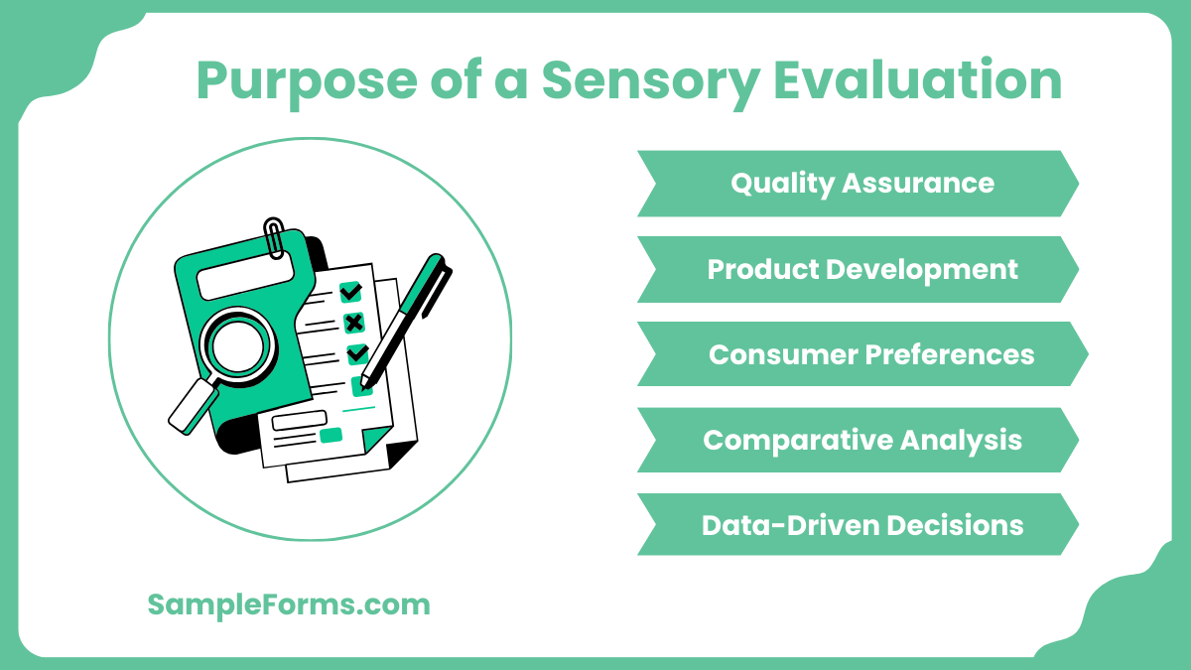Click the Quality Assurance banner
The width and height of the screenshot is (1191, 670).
coord(858,184)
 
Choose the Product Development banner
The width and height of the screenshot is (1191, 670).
coord(858,269)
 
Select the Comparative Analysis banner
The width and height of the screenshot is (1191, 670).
coord(858,440)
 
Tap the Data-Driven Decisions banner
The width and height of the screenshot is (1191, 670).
coord(858,525)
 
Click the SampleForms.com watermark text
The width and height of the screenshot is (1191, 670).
coord(289,604)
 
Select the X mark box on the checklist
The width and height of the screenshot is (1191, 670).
coord(353,323)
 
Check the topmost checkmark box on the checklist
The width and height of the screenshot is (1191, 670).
coord(350,292)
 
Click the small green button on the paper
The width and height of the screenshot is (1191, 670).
coord(331,435)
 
